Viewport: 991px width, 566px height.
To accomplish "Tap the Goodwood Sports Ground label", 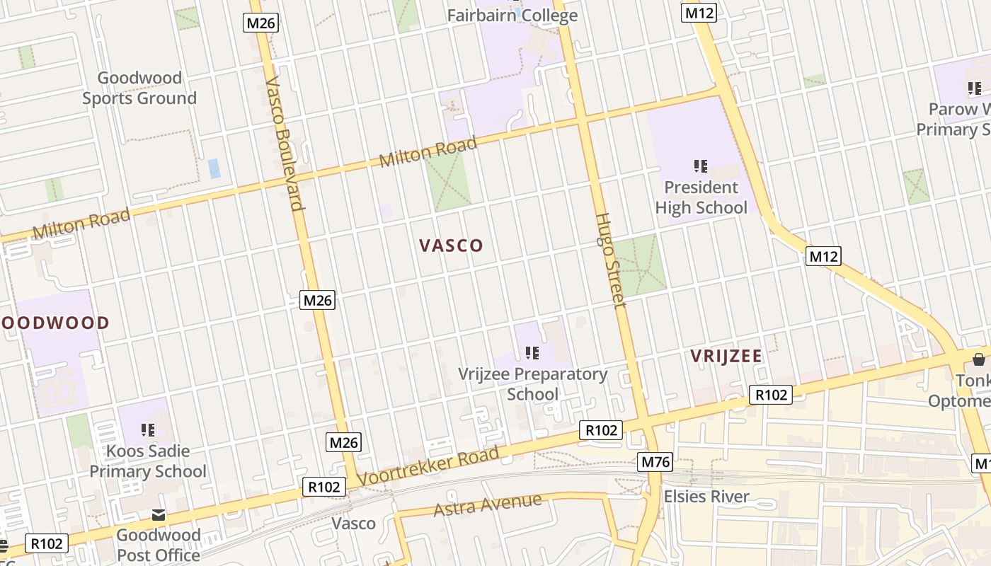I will (x=139, y=88).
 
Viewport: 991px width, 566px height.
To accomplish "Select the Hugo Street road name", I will (x=609, y=260).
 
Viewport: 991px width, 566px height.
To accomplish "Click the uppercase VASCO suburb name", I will (x=451, y=246).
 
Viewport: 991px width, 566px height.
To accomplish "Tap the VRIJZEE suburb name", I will (x=726, y=356).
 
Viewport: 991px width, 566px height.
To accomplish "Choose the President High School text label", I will (x=701, y=197).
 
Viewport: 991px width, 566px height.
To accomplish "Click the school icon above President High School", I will (x=701, y=166).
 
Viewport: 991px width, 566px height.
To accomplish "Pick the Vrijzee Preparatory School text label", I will (x=532, y=383).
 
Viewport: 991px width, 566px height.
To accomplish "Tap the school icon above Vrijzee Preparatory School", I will (x=532, y=352).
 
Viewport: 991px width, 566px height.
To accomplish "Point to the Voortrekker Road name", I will (x=428, y=466).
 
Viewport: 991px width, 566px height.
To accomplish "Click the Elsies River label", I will (x=706, y=497).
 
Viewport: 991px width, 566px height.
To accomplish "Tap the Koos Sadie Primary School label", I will (x=148, y=461).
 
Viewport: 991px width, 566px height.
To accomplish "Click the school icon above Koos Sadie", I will (x=148, y=429).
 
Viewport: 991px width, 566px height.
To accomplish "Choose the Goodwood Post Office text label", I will (x=159, y=545).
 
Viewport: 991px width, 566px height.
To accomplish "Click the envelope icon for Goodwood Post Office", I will (x=159, y=515).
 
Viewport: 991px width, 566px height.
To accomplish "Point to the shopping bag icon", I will (x=979, y=360).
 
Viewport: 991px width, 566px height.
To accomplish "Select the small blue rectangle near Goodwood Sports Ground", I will (x=214, y=168).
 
